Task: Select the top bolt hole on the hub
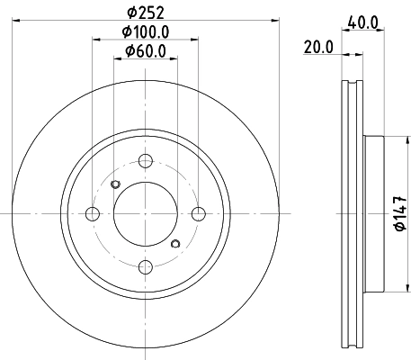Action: click(x=145, y=161)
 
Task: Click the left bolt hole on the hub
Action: click(x=92, y=213)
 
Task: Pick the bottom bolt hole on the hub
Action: click(x=145, y=265)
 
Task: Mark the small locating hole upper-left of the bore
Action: click(x=114, y=185)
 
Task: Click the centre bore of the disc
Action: click(x=145, y=213)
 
